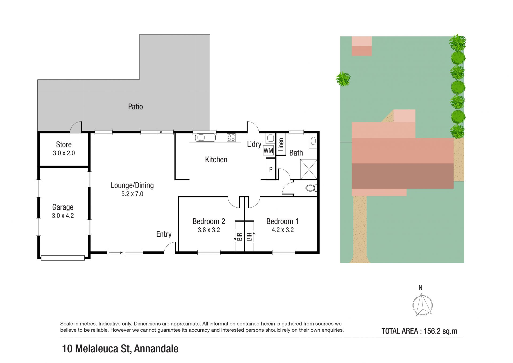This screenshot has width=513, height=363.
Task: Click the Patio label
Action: (135, 107)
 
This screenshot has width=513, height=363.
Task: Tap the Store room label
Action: (64, 145)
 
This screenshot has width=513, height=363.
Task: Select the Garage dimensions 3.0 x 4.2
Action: (63, 216)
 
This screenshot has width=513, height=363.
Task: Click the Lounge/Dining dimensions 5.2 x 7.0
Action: (132, 194)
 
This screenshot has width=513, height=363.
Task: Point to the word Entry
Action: (164, 234)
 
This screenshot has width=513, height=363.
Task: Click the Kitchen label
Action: (216, 160)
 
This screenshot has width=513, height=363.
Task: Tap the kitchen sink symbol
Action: (205, 138)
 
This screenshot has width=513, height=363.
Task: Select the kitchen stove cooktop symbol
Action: (231, 138)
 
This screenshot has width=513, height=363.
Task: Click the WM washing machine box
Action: (268, 150)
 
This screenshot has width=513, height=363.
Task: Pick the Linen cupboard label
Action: (281, 145)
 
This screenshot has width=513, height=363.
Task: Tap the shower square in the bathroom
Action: (309, 169)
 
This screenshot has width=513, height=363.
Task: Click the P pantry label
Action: (271, 169)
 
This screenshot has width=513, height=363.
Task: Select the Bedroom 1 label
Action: (282, 221)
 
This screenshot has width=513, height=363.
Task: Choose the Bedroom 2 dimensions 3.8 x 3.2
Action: (209, 230)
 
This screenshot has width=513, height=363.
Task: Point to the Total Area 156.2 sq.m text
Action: (419, 331)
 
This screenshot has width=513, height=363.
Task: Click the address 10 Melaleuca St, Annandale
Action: (120, 349)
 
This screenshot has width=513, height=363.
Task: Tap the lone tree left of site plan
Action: (343, 79)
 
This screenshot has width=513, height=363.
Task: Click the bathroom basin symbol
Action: (313, 141)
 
